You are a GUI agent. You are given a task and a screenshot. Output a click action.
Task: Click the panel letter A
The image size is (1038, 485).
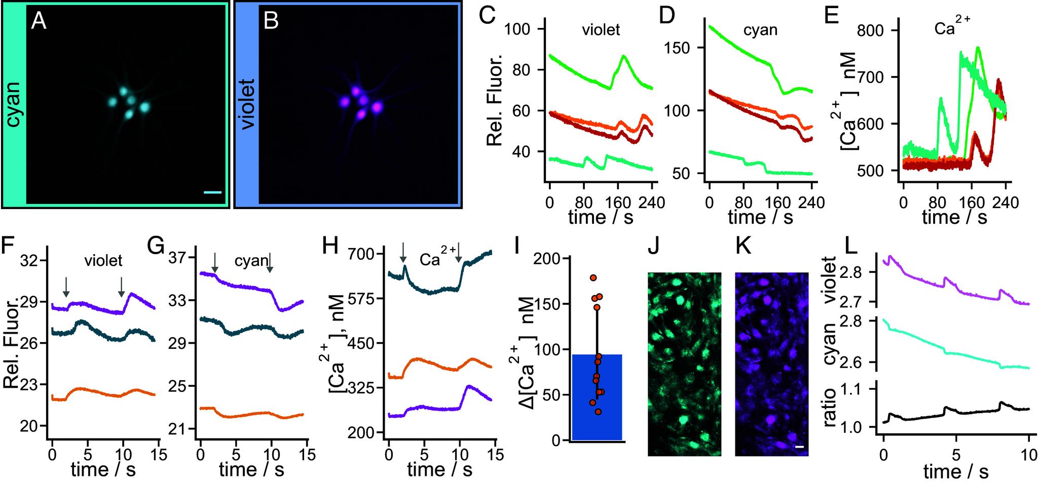[x=39, y=22]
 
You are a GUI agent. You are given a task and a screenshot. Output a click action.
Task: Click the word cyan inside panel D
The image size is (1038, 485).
[x=760, y=30]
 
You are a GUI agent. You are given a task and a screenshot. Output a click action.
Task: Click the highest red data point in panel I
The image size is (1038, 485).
[x=594, y=278]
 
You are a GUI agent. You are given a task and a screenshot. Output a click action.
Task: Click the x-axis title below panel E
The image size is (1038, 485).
[x=954, y=218]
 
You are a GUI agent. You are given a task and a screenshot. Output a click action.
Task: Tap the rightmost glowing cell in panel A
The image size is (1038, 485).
[x=144, y=107]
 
